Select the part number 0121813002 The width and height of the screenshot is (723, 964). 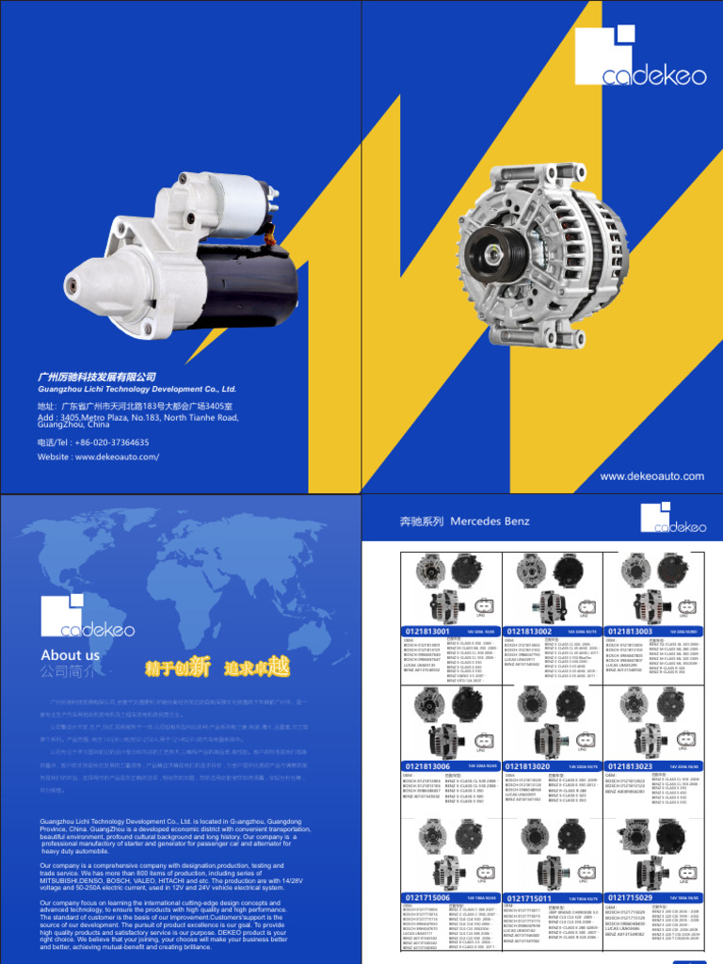pyautogui.click(x=529, y=632)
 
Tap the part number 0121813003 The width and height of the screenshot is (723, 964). pyautogui.click(x=630, y=632)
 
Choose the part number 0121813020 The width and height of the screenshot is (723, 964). pyautogui.click(x=529, y=767)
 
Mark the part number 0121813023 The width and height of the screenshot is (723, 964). pyautogui.click(x=630, y=767)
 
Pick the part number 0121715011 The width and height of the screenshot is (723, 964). pyautogui.click(x=529, y=899)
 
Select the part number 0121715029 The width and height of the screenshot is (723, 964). pyautogui.click(x=630, y=898)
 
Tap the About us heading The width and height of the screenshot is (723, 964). pyautogui.click(x=70, y=655)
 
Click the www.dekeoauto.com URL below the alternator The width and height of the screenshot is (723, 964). pyautogui.click(x=651, y=476)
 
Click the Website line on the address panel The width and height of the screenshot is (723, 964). pyautogui.click(x=98, y=457)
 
